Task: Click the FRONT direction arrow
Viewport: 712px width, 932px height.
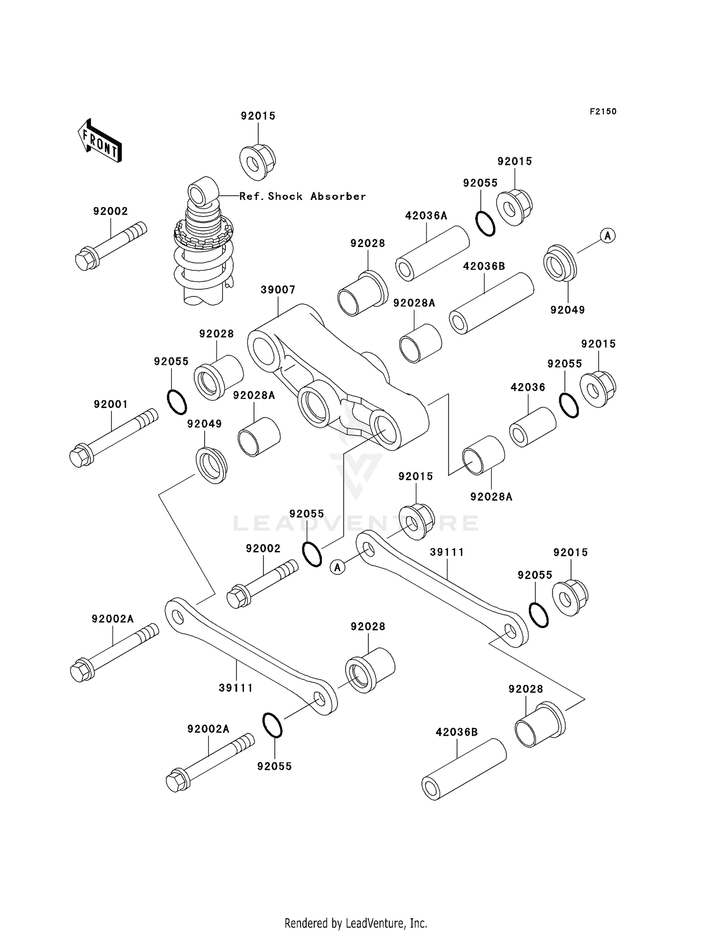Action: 100,141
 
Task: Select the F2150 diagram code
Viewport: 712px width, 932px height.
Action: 603,112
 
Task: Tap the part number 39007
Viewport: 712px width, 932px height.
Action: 278,290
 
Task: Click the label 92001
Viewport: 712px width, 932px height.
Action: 111,404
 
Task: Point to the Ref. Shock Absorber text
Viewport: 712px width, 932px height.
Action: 302,196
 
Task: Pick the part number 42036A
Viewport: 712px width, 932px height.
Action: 426,216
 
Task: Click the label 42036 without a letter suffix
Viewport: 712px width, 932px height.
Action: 527,387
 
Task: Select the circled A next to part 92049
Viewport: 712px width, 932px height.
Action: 608,235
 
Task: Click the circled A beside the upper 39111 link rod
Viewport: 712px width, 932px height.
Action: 337,567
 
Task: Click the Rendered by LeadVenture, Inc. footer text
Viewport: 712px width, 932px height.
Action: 356,923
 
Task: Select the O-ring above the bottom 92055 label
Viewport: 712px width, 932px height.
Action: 272,725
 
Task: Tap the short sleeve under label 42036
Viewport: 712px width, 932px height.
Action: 532,427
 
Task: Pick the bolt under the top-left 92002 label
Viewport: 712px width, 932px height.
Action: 110,246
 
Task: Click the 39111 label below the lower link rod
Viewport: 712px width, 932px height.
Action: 235,687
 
